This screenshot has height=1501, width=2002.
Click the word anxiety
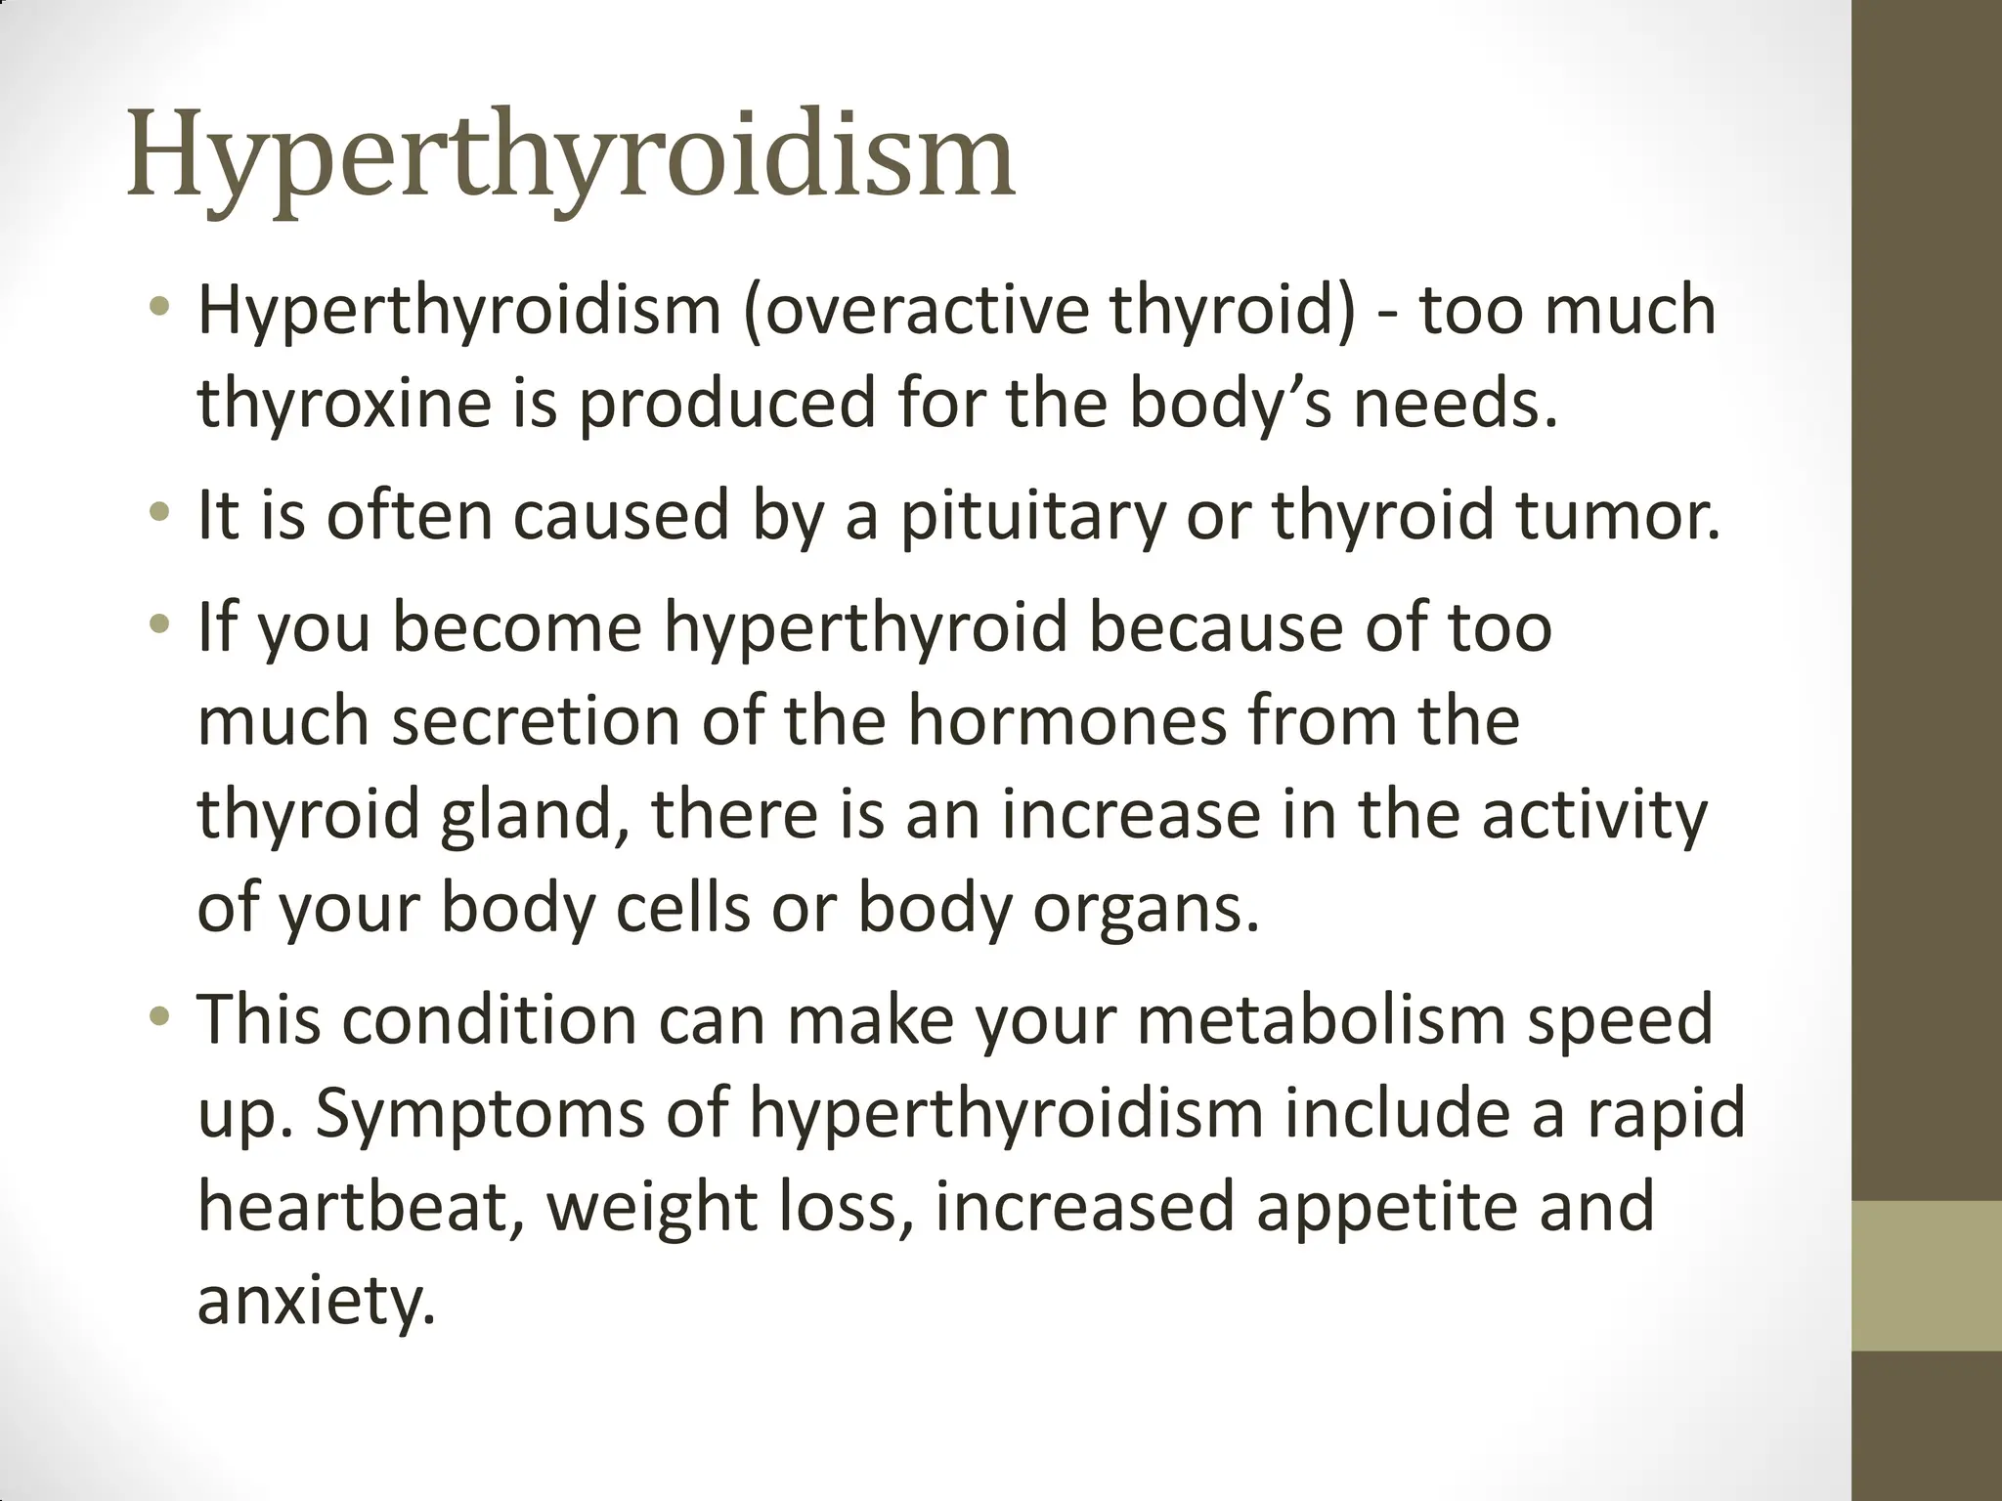coord(316,1301)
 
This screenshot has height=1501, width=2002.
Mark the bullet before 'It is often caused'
coord(160,511)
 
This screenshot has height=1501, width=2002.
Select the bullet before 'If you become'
coord(160,622)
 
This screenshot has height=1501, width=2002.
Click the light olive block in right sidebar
coord(1927,1275)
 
